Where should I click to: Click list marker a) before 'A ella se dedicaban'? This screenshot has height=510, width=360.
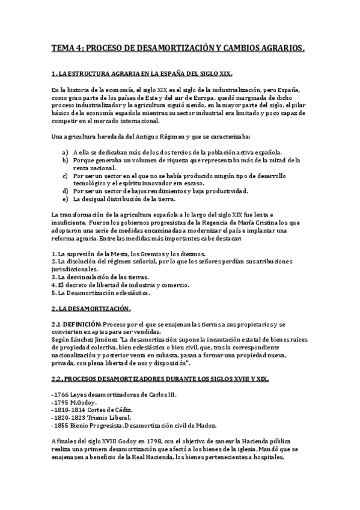coord(64,152)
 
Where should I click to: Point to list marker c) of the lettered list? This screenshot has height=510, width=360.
coord(64,176)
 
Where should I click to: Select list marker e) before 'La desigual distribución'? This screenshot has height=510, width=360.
coord(64,199)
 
